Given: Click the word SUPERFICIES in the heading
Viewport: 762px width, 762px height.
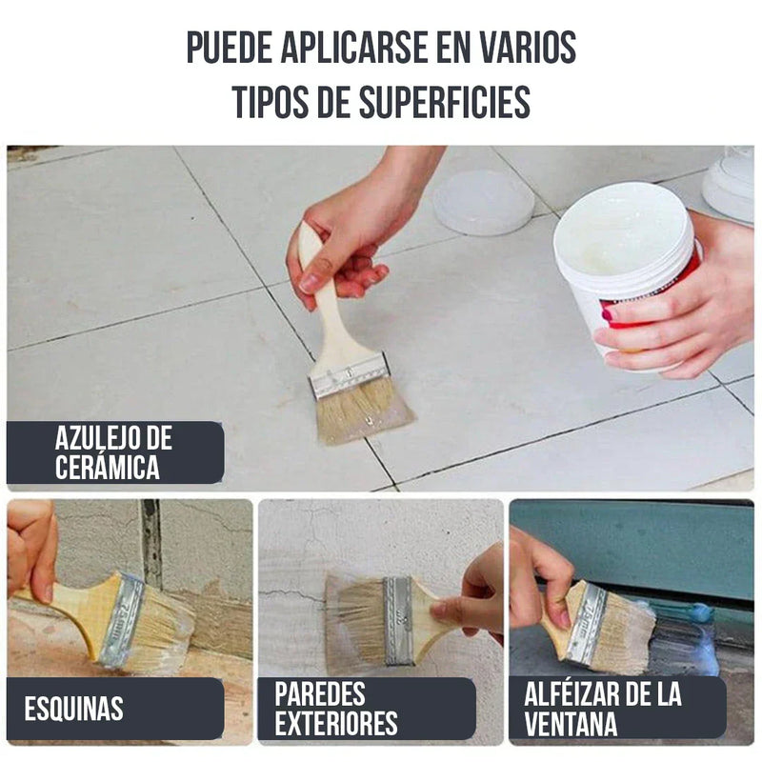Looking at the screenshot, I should pyautogui.click(x=443, y=102).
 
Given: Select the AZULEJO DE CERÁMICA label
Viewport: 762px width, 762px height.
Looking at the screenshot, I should pyautogui.click(x=114, y=452).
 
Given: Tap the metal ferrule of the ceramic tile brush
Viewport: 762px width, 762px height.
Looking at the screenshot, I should pyautogui.click(x=350, y=374).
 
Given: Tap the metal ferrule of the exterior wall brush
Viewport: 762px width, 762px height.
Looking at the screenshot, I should pyautogui.click(x=398, y=619).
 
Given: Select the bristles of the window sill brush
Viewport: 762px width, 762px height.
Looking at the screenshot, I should pyautogui.click(x=624, y=633).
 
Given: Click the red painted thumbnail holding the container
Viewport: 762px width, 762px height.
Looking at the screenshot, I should pyautogui.click(x=608, y=313).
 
